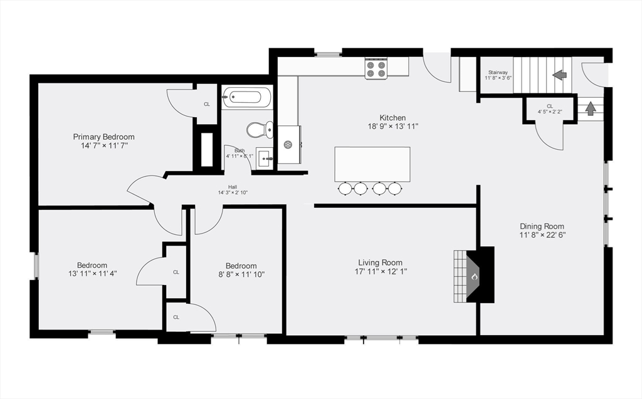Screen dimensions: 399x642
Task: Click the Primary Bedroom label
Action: [103, 137]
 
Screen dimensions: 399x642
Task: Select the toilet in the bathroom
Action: [258, 130]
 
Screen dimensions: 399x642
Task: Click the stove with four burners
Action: [376, 68]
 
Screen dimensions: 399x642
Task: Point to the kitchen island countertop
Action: [372, 163]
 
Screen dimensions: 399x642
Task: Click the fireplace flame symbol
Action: [475, 276]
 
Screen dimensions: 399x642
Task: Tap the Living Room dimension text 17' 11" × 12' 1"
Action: [380, 271]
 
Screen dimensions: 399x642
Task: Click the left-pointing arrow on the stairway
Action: [559, 75]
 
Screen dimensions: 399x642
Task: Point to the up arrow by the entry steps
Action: [590, 108]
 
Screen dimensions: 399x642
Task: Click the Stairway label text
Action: [498, 73]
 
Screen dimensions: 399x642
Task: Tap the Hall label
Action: [232, 187]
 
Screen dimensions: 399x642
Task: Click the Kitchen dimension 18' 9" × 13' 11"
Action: [392, 126]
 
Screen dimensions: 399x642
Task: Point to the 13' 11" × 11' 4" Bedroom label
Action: [92, 273]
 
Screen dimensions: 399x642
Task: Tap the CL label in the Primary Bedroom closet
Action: [206, 104]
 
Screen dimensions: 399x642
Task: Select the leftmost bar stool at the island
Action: [345, 188]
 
